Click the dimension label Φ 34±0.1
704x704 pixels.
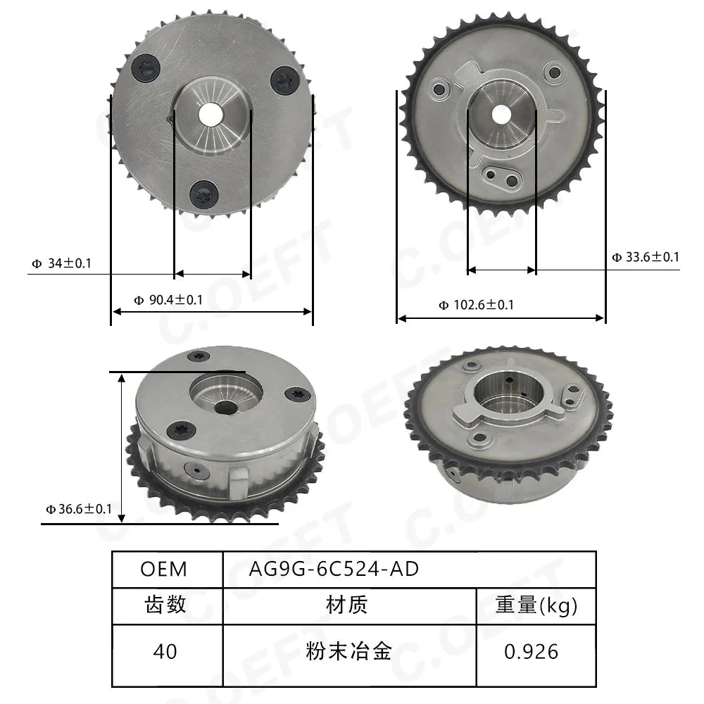click(x=61, y=263)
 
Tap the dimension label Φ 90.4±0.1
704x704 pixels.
click(x=168, y=300)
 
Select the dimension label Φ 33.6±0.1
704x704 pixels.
click(x=646, y=257)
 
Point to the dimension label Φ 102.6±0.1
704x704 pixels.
click(x=476, y=306)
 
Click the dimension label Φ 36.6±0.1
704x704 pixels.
click(x=79, y=509)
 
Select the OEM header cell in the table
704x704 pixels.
click(x=163, y=570)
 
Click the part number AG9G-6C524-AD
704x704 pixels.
click(x=334, y=570)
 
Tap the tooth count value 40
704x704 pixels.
click(x=165, y=651)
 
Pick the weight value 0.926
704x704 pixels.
click(x=531, y=651)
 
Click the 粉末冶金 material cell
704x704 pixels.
click(x=348, y=651)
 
